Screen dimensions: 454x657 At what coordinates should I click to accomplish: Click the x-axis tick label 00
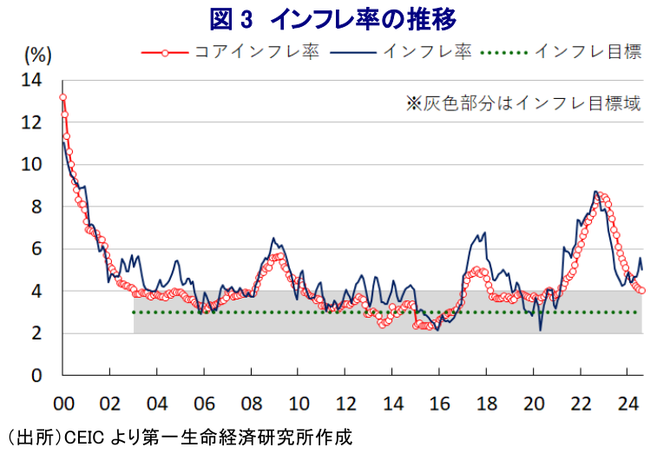(x=62, y=404)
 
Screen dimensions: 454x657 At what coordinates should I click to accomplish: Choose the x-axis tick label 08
(x=251, y=404)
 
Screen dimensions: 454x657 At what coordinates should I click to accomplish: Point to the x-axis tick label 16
(x=439, y=404)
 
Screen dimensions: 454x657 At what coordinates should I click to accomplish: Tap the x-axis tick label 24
(x=627, y=404)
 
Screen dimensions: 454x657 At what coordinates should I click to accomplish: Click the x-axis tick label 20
(x=534, y=404)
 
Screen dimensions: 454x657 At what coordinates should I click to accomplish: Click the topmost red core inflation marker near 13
(x=62, y=97)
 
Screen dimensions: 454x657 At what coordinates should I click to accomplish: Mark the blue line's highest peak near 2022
(x=595, y=192)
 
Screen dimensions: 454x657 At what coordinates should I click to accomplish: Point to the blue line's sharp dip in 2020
(x=541, y=330)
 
